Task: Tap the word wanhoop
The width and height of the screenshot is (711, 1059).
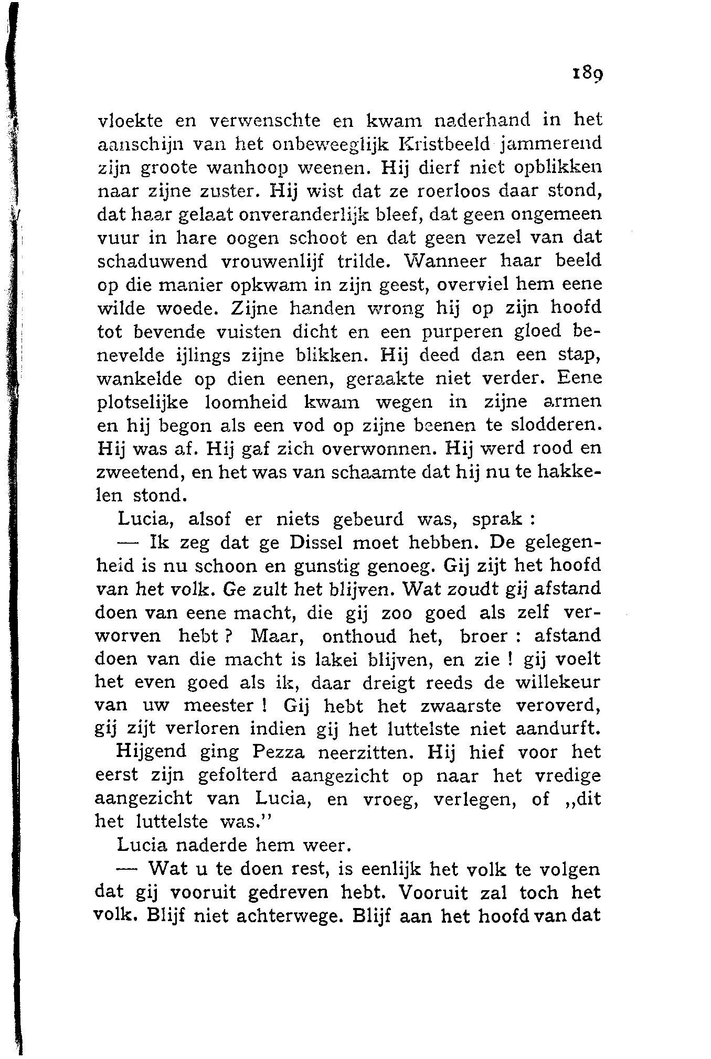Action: click(249, 168)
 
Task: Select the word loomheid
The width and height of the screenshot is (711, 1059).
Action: click(245, 403)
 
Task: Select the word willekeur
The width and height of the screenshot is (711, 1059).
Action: click(557, 683)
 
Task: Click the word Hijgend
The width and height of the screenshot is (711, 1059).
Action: click(151, 753)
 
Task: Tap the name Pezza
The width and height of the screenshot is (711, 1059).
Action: click(278, 753)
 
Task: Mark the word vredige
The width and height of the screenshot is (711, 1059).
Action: click(568, 776)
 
